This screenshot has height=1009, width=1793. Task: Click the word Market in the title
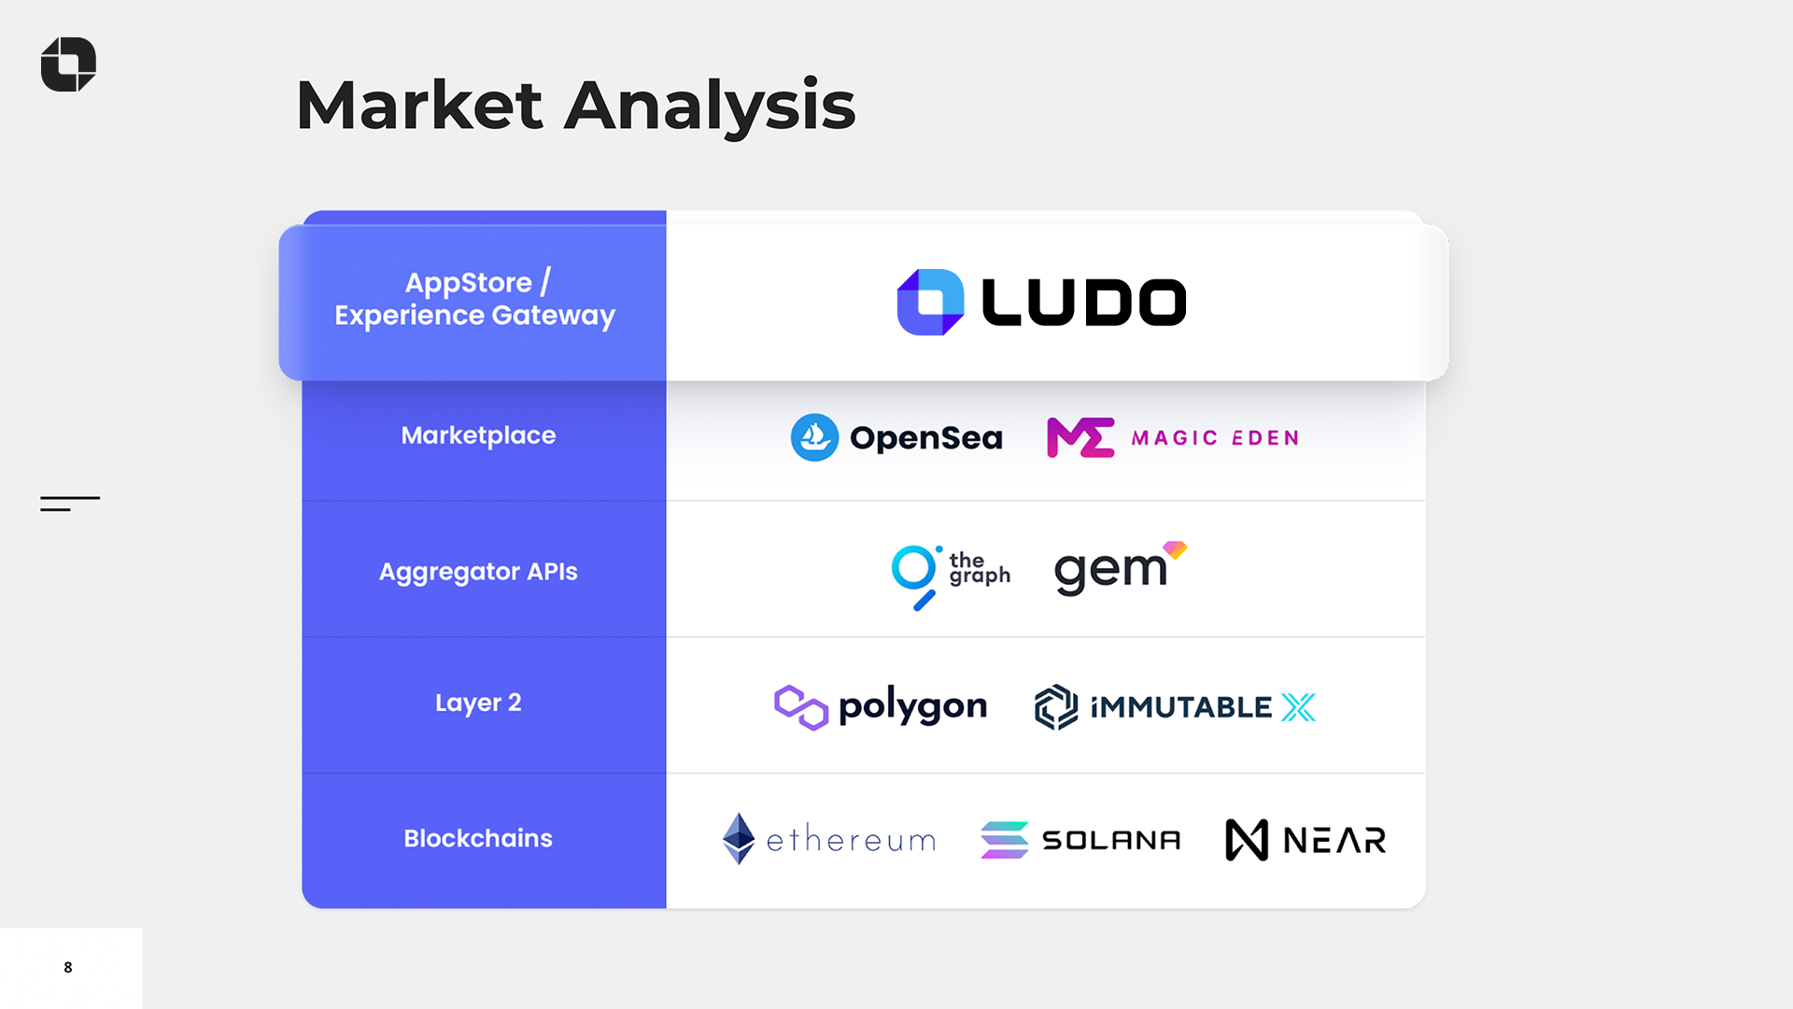pyautogui.click(x=418, y=106)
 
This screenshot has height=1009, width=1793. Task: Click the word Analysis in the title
pyautogui.click(x=710, y=106)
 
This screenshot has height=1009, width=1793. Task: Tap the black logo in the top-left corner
pyautogui.click(x=68, y=64)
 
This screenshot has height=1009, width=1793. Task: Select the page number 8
pyautogui.click(x=68, y=967)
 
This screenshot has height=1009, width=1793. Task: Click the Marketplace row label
pyautogui.click(x=478, y=435)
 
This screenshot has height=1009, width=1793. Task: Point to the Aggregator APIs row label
pyautogui.click(x=478, y=572)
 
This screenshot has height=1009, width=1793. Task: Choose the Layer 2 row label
pyautogui.click(x=478, y=703)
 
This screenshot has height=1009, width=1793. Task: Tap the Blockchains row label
pyautogui.click(x=478, y=838)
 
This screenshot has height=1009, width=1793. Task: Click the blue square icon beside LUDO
pyautogui.click(x=930, y=302)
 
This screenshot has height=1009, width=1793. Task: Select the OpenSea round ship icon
pyautogui.click(x=814, y=437)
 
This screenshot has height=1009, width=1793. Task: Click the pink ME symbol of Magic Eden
pyautogui.click(x=1080, y=437)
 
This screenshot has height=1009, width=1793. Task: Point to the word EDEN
pyautogui.click(x=1265, y=438)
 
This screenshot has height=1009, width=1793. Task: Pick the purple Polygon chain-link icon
pyautogui.click(x=800, y=707)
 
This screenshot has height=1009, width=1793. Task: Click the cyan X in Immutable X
pyautogui.click(x=1298, y=707)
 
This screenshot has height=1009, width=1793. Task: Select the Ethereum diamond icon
pyautogui.click(x=739, y=838)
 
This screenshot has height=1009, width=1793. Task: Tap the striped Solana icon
pyautogui.click(x=1004, y=840)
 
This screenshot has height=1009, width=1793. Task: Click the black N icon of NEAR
pyautogui.click(x=1247, y=840)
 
